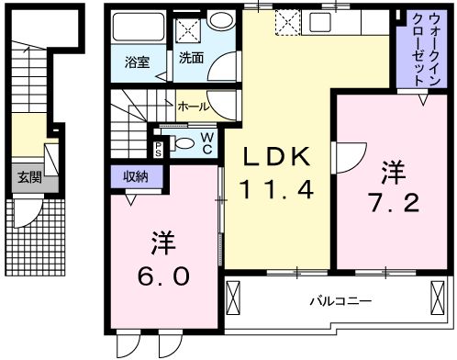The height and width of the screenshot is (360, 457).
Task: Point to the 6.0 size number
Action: pos(165,276)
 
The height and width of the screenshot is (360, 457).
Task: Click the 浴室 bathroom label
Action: pos(139,62)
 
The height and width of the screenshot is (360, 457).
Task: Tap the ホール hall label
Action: pos(191,107)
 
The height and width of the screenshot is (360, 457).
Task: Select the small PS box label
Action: pos(158,148)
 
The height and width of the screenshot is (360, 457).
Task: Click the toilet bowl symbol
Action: pos(184,141)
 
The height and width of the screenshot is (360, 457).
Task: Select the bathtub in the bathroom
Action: pos(138,28)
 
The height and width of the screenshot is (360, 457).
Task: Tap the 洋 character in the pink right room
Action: pos(394,172)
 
